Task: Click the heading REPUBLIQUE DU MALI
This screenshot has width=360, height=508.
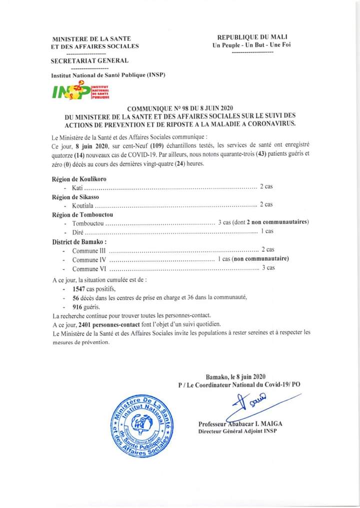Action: (252, 37)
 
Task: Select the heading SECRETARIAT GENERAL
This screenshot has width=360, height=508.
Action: (89, 61)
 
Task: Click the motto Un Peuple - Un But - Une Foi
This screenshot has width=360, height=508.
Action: (252, 45)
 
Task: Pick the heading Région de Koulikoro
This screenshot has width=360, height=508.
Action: (79, 179)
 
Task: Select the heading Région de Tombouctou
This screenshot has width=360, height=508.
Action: (82, 214)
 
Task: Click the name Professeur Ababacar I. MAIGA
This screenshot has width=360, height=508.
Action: (238, 424)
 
